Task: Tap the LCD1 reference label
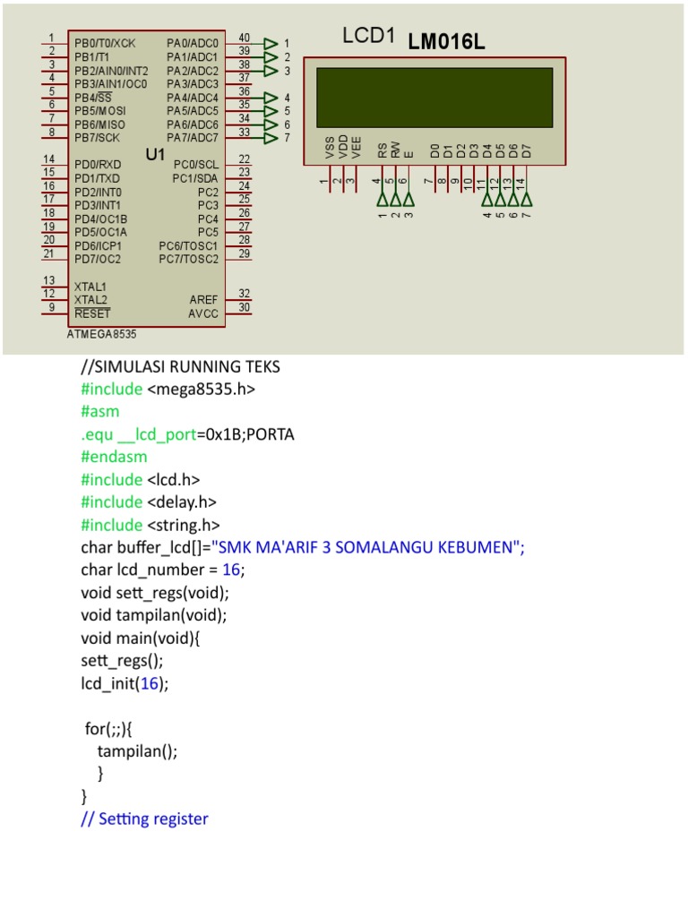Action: click(368, 37)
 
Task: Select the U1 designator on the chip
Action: click(156, 155)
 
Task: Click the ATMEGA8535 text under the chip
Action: click(102, 334)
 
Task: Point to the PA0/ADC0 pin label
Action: click(192, 43)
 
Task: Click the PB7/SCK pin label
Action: click(97, 138)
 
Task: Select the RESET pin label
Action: click(92, 313)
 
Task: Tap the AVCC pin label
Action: click(202, 313)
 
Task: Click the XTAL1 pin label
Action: click(90, 287)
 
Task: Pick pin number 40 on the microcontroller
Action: click(244, 38)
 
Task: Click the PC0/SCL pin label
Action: click(195, 165)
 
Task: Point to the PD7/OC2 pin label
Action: click(98, 260)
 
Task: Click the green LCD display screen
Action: click(434, 97)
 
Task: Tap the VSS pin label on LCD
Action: click(330, 149)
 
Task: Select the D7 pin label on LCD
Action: click(527, 150)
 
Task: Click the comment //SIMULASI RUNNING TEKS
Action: click(180, 366)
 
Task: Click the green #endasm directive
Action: click(113, 457)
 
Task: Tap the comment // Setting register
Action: click(144, 818)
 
